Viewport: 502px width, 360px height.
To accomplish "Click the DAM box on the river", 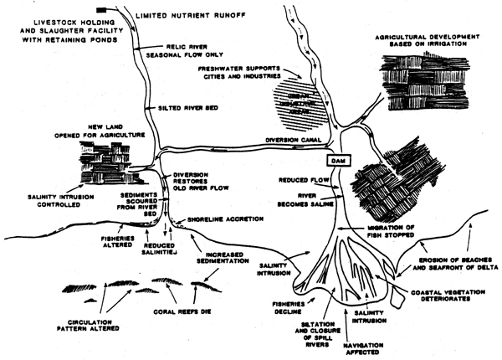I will click(342, 159).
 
